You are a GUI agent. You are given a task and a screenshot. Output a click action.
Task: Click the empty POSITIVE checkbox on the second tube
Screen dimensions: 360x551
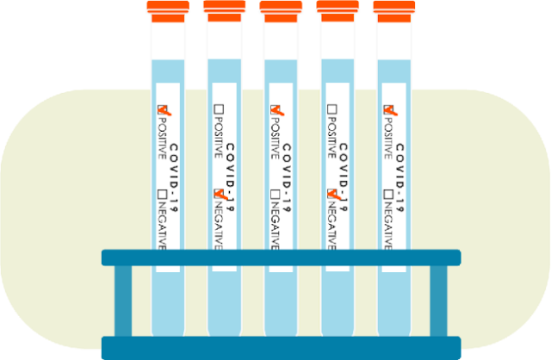click(x=219, y=109)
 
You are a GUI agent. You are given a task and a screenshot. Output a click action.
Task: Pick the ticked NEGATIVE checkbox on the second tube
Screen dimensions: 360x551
click(x=219, y=194)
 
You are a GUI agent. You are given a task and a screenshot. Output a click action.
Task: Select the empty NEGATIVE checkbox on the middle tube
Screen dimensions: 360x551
click(x=275, y=194)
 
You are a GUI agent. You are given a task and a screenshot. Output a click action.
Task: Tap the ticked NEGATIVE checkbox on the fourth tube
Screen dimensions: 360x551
click(x=332, y=194)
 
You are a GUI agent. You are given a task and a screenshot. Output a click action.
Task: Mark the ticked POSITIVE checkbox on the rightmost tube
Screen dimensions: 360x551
click(x=389, y=109)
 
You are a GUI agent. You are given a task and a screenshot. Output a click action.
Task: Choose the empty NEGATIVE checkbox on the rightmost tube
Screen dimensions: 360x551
click(x=389, y=194)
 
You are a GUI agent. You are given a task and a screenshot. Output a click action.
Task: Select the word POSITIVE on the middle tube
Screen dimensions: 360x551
click(x=275, y=138)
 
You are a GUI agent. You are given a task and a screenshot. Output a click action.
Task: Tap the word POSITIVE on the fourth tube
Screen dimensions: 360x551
click(x=332, y=138)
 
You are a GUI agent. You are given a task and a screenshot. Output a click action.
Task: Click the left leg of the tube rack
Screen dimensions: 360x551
click(x=124, y=301)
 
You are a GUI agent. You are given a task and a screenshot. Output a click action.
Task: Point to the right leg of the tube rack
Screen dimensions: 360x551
click(x=438, y=301)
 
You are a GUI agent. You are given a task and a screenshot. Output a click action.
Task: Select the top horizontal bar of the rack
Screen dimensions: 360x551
click(x=281, y=258)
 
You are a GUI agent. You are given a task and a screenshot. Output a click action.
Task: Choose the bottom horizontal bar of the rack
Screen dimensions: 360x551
click(x=281, y=348)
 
